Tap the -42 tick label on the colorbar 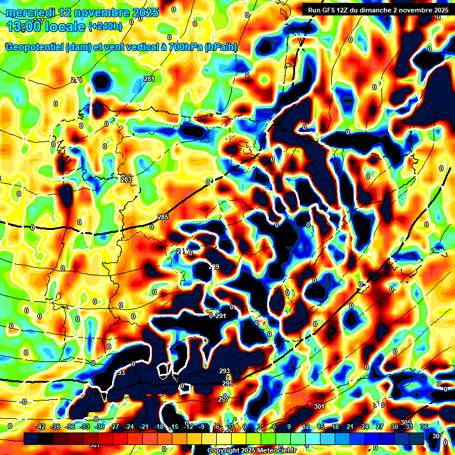tap(40, 427)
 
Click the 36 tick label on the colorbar tap(424, 427)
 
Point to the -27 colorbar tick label tap(114, 427)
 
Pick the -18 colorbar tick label tap(158, 427)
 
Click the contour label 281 tap(149, 79)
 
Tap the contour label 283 tap(126, 180)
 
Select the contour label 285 tap(164, 217)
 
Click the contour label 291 tap(221, 316)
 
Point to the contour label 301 tap(319, 406)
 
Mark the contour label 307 tap(437, 436)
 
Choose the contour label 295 tap(227, 384)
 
